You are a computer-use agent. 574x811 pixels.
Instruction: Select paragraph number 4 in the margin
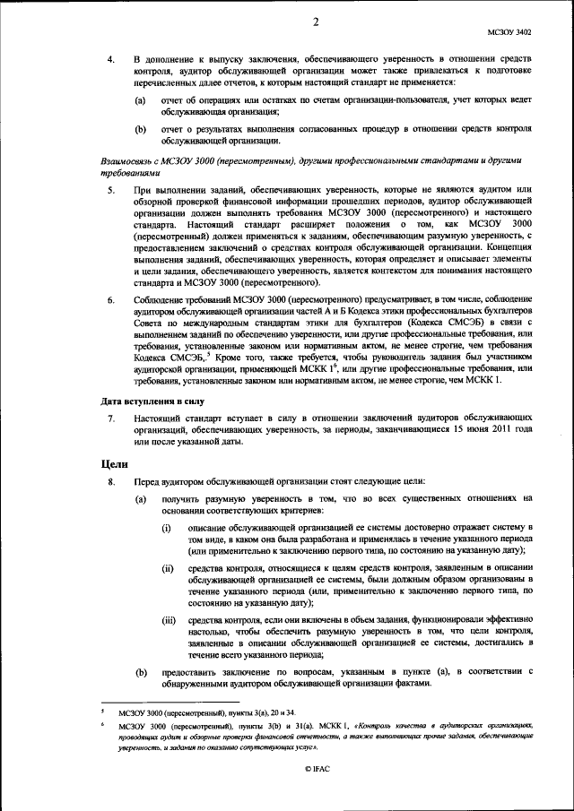[x=109, y=59]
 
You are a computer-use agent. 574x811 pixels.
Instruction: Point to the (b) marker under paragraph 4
[x=141, y=129]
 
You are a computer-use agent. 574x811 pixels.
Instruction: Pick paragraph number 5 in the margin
[x=109, y=192]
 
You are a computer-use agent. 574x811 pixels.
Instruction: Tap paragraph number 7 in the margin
[x=109, y=418]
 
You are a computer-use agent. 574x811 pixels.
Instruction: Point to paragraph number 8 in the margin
[x=109, y=483]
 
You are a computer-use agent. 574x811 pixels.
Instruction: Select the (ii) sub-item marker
[x=168, y=569]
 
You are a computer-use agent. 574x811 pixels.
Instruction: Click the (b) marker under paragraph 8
[x=141, y=670]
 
